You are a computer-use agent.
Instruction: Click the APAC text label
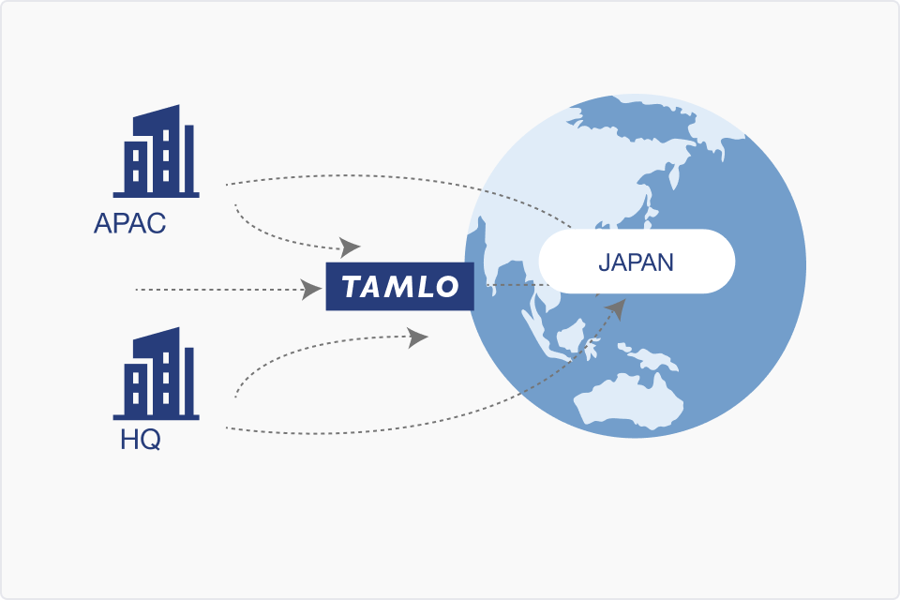(x=129, y=223)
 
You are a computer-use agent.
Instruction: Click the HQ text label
(x=140, y=440)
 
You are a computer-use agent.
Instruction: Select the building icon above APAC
(x=157, y=151)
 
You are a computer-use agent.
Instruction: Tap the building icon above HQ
(x=157, y=374)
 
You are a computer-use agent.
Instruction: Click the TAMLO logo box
(x=400, y=286)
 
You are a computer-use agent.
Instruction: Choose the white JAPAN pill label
(x=637, y=262)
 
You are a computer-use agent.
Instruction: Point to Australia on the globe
(x=628, y=402)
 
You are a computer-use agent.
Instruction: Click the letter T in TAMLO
(x=352, y=286)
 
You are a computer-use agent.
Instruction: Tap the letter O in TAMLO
(x=446, y=287)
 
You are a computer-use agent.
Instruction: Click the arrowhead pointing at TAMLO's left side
(x=311, y=290)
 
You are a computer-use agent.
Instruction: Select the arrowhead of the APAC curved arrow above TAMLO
(x=350, y=247)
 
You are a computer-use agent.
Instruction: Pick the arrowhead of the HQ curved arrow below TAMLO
(x=417, y=337)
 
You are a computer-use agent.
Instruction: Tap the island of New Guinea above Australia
(x=648, y=356)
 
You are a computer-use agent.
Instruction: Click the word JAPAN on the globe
(x=636, y=262)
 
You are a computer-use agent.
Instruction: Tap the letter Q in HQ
(x=150, y=441)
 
